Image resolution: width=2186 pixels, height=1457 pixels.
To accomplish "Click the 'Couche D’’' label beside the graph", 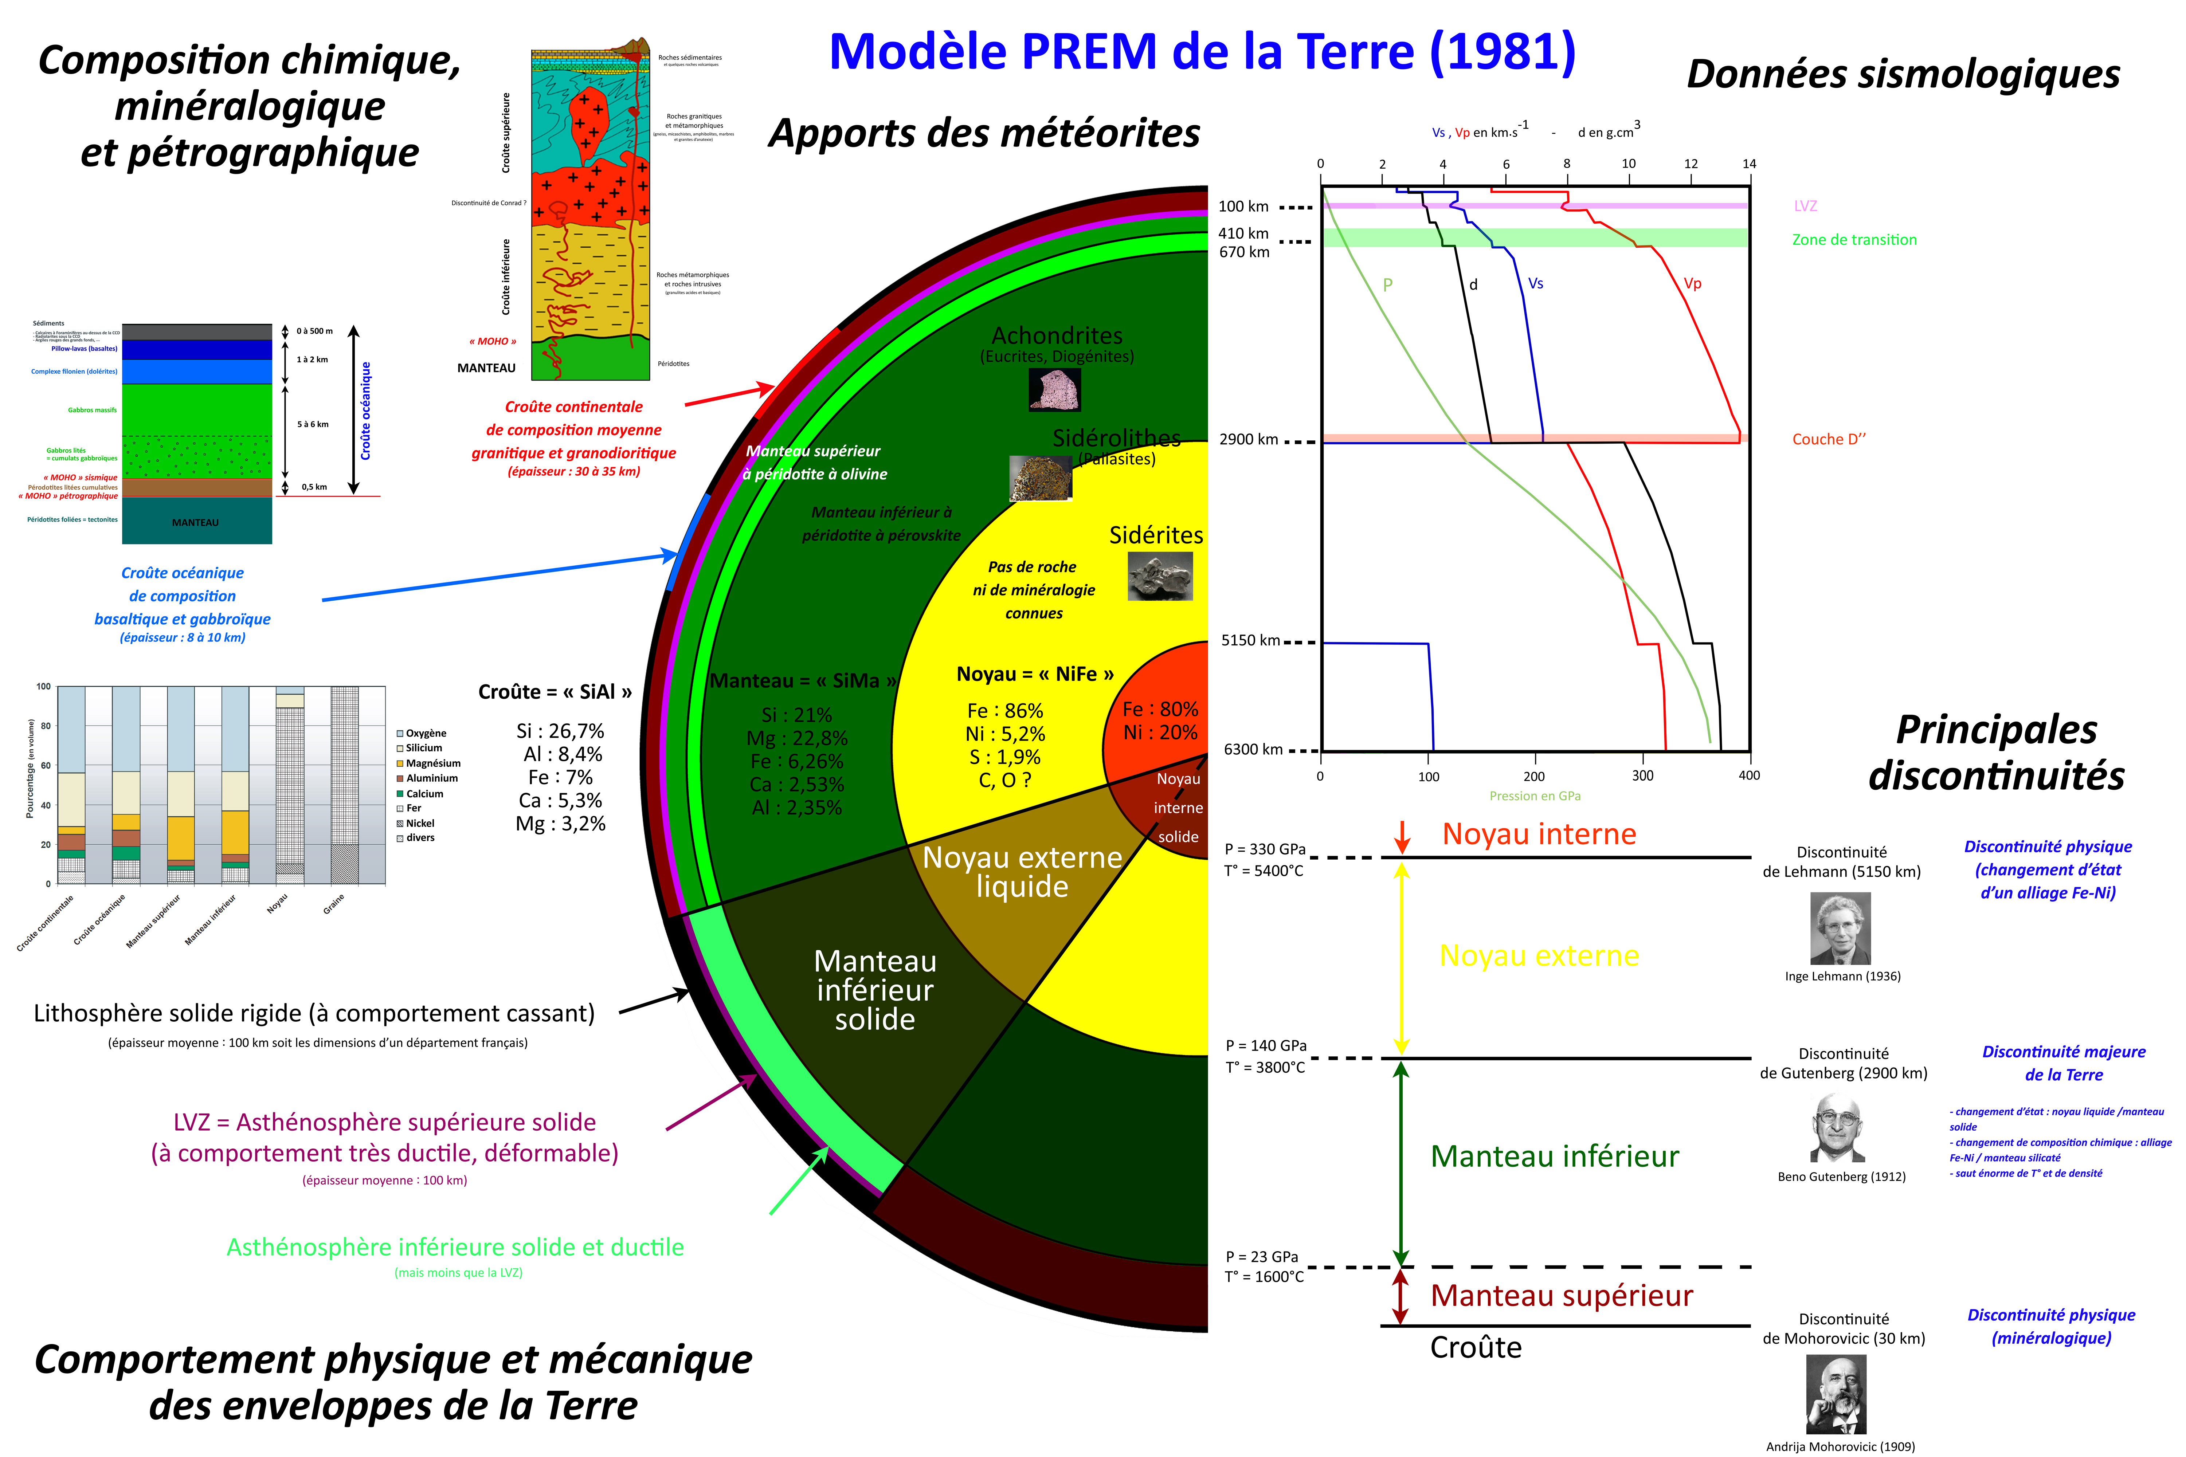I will click(x=1828, y=440).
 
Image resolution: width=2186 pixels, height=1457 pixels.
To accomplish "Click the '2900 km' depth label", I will click(x=1248, y=440).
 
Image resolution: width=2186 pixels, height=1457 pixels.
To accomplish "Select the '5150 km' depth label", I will click(x=1250, y=640).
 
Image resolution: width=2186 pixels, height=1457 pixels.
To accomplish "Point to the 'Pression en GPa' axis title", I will click(x=1535, y=796).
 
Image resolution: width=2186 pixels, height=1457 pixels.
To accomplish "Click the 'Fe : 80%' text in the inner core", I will click(x=1160, y=709).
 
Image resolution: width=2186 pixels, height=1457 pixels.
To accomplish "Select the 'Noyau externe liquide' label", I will click(x=1022, y=872).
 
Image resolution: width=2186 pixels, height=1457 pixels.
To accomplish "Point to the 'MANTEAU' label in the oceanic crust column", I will click(x=195, y=522).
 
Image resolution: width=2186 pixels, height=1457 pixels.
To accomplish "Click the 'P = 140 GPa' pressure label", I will click(x=1265, y=1045).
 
